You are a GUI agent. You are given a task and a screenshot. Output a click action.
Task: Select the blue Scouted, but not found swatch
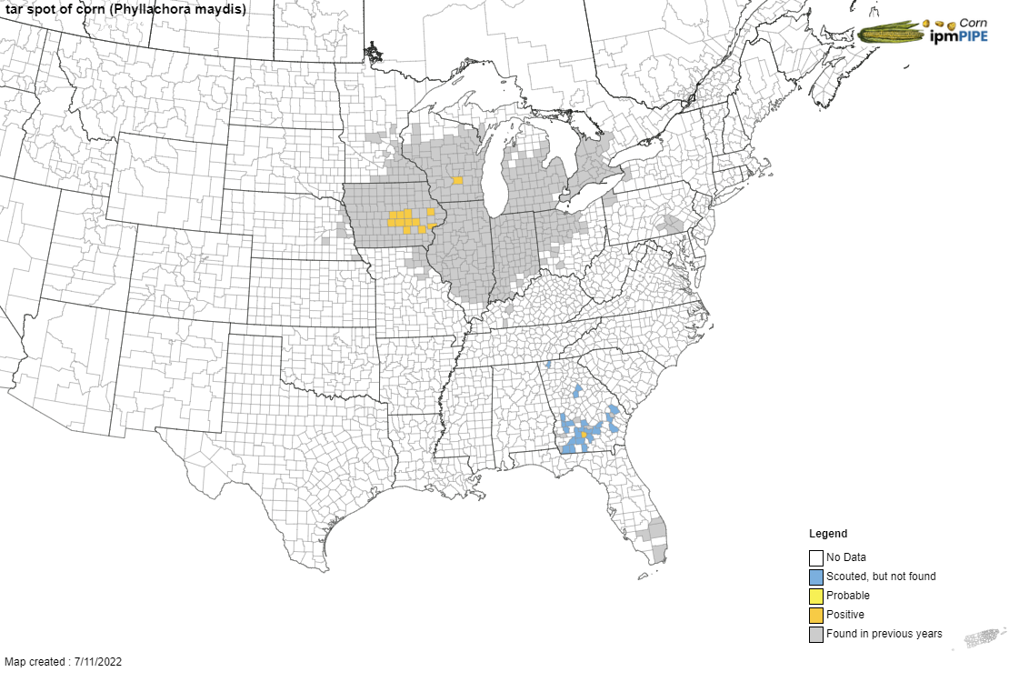pos(815,577)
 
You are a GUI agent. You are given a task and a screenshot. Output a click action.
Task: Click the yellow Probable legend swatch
pos(815,596)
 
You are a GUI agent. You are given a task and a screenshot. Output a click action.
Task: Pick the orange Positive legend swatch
pos(815,615)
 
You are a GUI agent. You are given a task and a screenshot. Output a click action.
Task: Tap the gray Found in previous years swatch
pos(815,634)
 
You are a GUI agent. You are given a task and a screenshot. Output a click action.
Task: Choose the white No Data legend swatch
pos(815,557)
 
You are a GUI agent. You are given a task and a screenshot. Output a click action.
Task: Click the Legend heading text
pos(827,534)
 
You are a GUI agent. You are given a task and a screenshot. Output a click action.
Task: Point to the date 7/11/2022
pos(97,661)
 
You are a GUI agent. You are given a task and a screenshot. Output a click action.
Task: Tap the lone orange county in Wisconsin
pos(457,180)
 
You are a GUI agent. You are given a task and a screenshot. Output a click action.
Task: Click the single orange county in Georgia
pos(584,436)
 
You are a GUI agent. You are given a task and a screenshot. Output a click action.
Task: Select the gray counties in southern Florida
pos(656,536)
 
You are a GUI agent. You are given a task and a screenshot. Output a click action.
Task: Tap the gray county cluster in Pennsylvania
pos(674,222)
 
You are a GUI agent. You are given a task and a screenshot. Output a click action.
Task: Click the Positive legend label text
pos(844,615)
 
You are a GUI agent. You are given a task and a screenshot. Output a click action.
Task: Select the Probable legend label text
pos(847,596)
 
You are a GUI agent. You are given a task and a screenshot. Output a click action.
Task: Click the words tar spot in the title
pos(27,9)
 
